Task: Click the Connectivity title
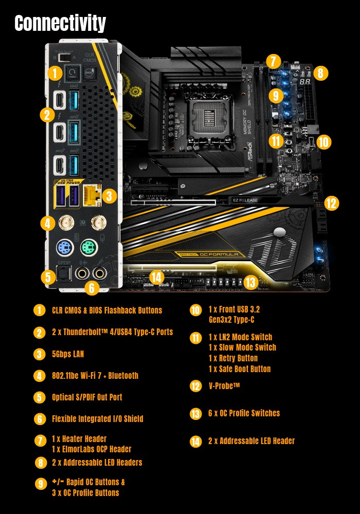60,23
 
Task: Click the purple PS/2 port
64,249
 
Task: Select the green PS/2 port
88,249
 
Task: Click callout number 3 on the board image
109,196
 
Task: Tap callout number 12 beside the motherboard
332,203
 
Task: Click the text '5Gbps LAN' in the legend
68,354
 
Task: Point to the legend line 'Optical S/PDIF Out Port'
87,397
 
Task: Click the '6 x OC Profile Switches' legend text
244,413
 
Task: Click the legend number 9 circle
40,483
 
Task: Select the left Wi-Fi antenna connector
65,223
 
